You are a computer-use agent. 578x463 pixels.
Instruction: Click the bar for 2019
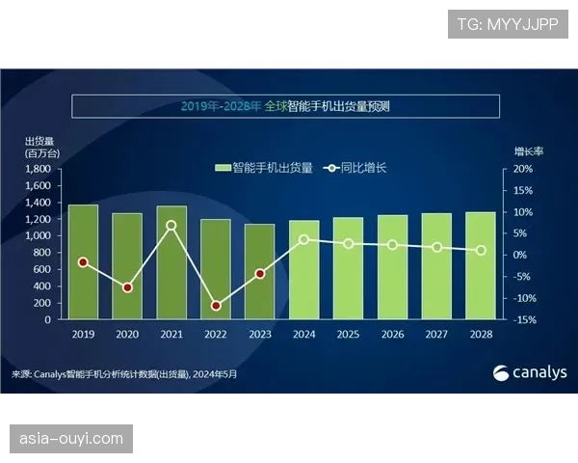(x=83, y=261)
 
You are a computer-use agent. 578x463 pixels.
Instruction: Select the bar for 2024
(x=304, y=269)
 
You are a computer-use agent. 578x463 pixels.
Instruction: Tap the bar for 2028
(x=481, y=265)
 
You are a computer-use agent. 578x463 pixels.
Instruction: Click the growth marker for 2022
(x=216, y=306)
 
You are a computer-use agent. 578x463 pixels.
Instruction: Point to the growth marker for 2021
(x=171, y=226)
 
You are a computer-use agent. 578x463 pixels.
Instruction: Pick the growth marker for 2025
(x=349, y=244)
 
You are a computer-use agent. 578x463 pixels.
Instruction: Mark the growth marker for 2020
(x=127, y=287)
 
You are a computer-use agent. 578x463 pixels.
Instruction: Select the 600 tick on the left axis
(x=43, y=269)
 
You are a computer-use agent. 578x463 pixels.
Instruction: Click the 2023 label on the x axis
(x=260, y=334)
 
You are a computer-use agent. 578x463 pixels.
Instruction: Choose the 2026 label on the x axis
(x=392, y=334)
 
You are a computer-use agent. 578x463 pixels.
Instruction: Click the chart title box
(x=288, y=106)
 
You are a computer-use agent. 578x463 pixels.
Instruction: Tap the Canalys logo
(x=530, y=373)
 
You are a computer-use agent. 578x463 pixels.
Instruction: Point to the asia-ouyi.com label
(x=72, y=439)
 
